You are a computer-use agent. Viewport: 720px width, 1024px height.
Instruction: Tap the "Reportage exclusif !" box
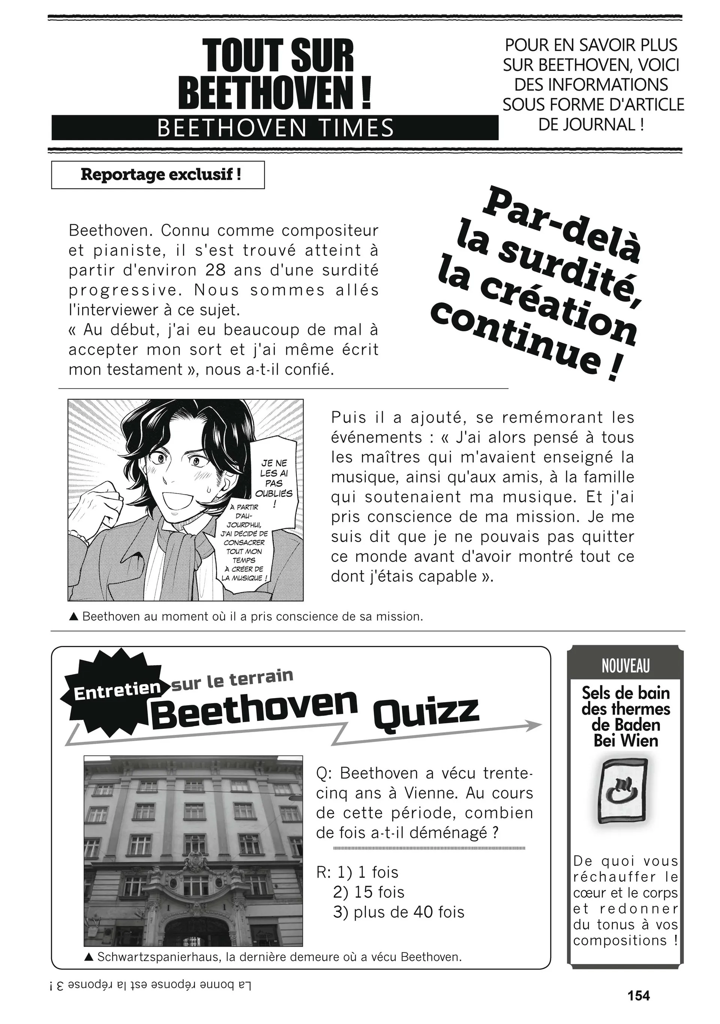tap(158, 175)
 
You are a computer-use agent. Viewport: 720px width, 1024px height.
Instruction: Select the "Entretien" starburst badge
tap(117, 692)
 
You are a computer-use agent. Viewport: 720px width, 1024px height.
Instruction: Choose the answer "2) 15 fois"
tap(368, 892)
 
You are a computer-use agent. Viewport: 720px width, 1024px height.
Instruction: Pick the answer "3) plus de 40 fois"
tap(398, 912)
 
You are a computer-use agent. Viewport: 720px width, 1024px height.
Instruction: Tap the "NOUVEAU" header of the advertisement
tap(625, 666)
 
